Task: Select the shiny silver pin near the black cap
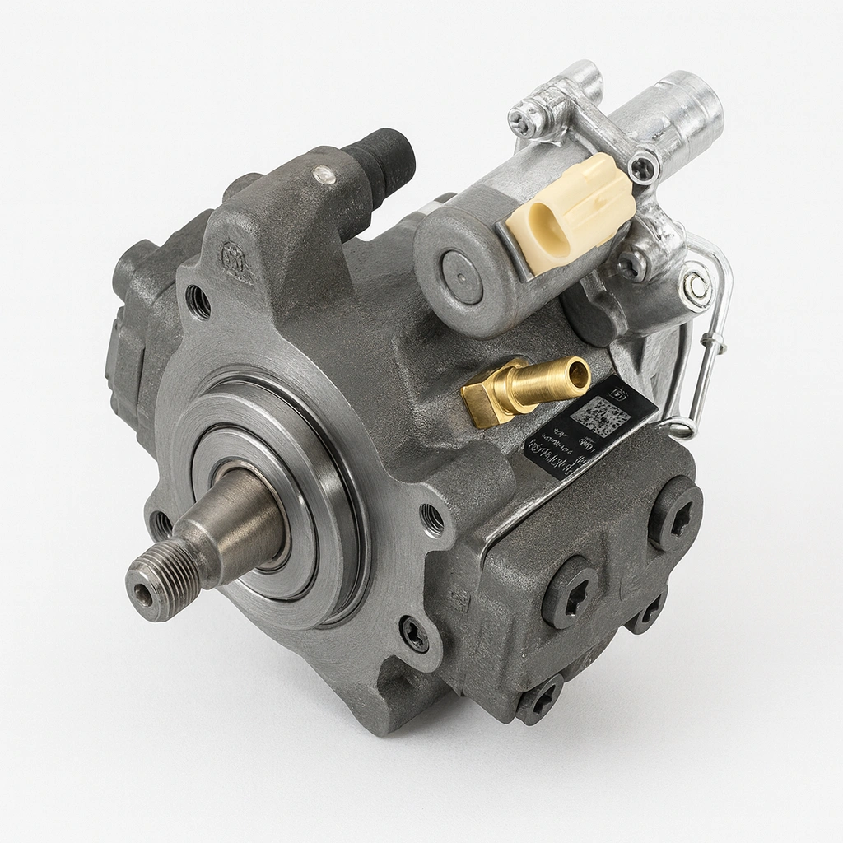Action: click(324, 174)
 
